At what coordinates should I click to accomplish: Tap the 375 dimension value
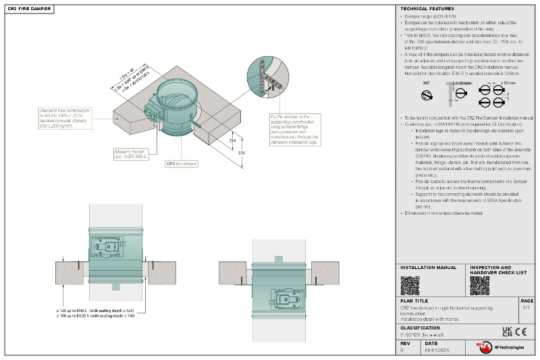coord(242,153)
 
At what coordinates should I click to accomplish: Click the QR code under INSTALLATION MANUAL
coord(410,286)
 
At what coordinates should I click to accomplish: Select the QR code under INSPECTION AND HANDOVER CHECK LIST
coord(479,286)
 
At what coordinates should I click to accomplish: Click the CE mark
coord(521,331)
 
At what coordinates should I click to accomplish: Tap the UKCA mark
coord(507,331)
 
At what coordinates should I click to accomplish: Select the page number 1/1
coord(526,307)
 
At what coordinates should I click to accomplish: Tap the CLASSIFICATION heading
coord(420,328)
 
